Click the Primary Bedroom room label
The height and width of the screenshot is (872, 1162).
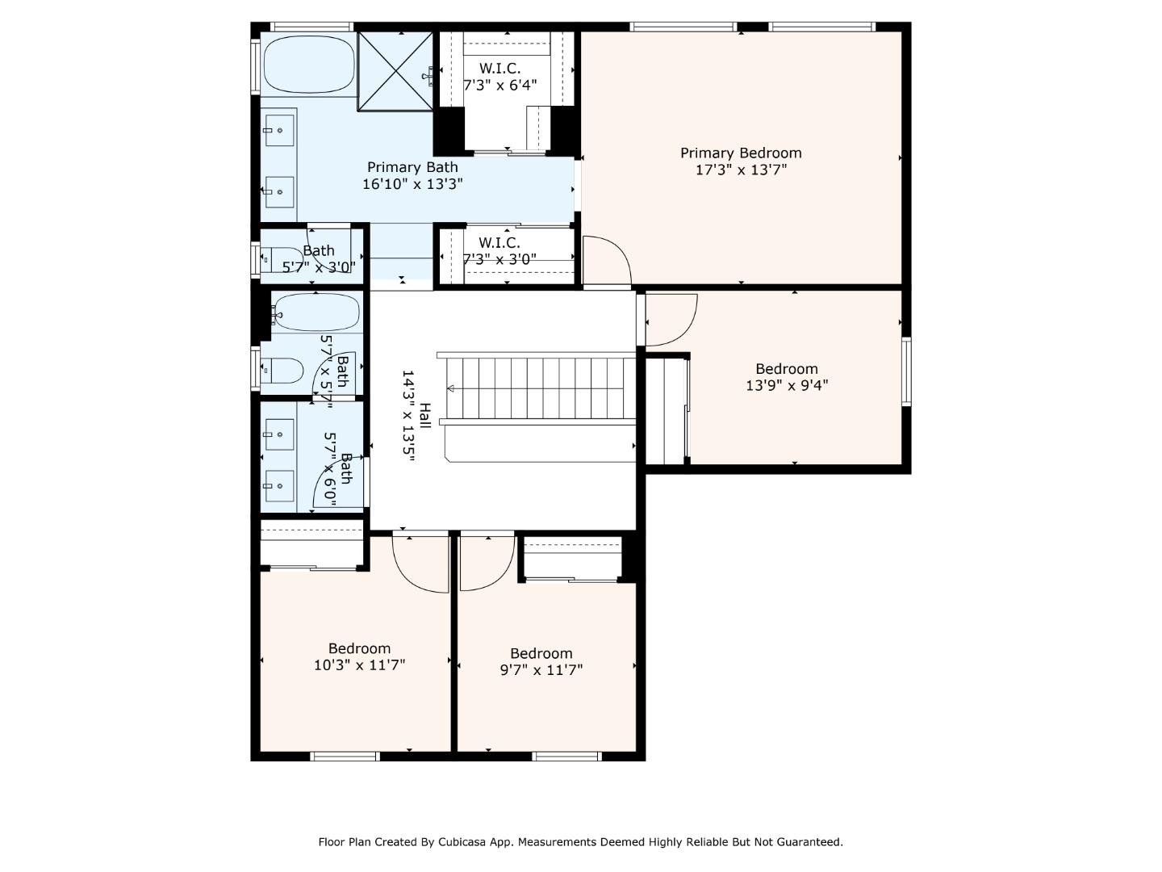click(741, 153)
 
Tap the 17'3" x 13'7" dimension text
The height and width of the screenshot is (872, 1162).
click(741, 170)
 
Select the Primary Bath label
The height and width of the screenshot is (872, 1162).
click(412, 167)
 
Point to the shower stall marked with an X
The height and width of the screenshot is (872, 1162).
click(396, 70)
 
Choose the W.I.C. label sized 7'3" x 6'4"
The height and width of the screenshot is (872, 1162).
click(499, 69)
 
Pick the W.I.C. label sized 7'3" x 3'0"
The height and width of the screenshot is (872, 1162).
click(499, 243)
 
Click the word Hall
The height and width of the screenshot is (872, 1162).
click(424, 416)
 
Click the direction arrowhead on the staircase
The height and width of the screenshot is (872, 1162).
click(450, 389)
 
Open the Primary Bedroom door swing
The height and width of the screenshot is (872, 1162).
click(606, 260)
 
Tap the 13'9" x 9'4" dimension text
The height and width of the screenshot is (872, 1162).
click(787, 386)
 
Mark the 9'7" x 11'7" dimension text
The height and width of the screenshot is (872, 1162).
click(541, 670)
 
